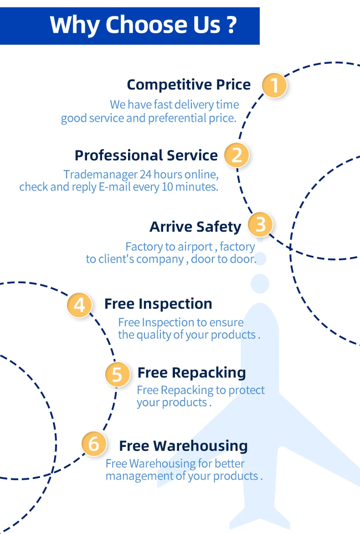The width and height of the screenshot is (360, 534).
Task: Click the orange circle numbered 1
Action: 274,85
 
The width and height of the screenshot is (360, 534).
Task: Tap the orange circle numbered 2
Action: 237,155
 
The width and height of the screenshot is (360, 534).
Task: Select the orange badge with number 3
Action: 260,225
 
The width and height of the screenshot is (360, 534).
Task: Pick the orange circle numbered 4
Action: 80,305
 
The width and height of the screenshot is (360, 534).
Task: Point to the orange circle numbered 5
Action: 118,374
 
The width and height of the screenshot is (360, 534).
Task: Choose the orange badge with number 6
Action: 94,444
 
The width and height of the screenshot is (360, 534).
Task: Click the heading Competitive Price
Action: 189,85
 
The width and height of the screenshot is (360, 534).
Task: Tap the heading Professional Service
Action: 146,156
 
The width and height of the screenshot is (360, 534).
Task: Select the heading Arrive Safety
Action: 195,227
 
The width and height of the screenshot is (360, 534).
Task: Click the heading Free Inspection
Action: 158,304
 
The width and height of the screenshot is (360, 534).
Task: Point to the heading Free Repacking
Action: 191,373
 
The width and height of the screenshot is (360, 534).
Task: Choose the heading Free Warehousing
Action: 183,446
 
